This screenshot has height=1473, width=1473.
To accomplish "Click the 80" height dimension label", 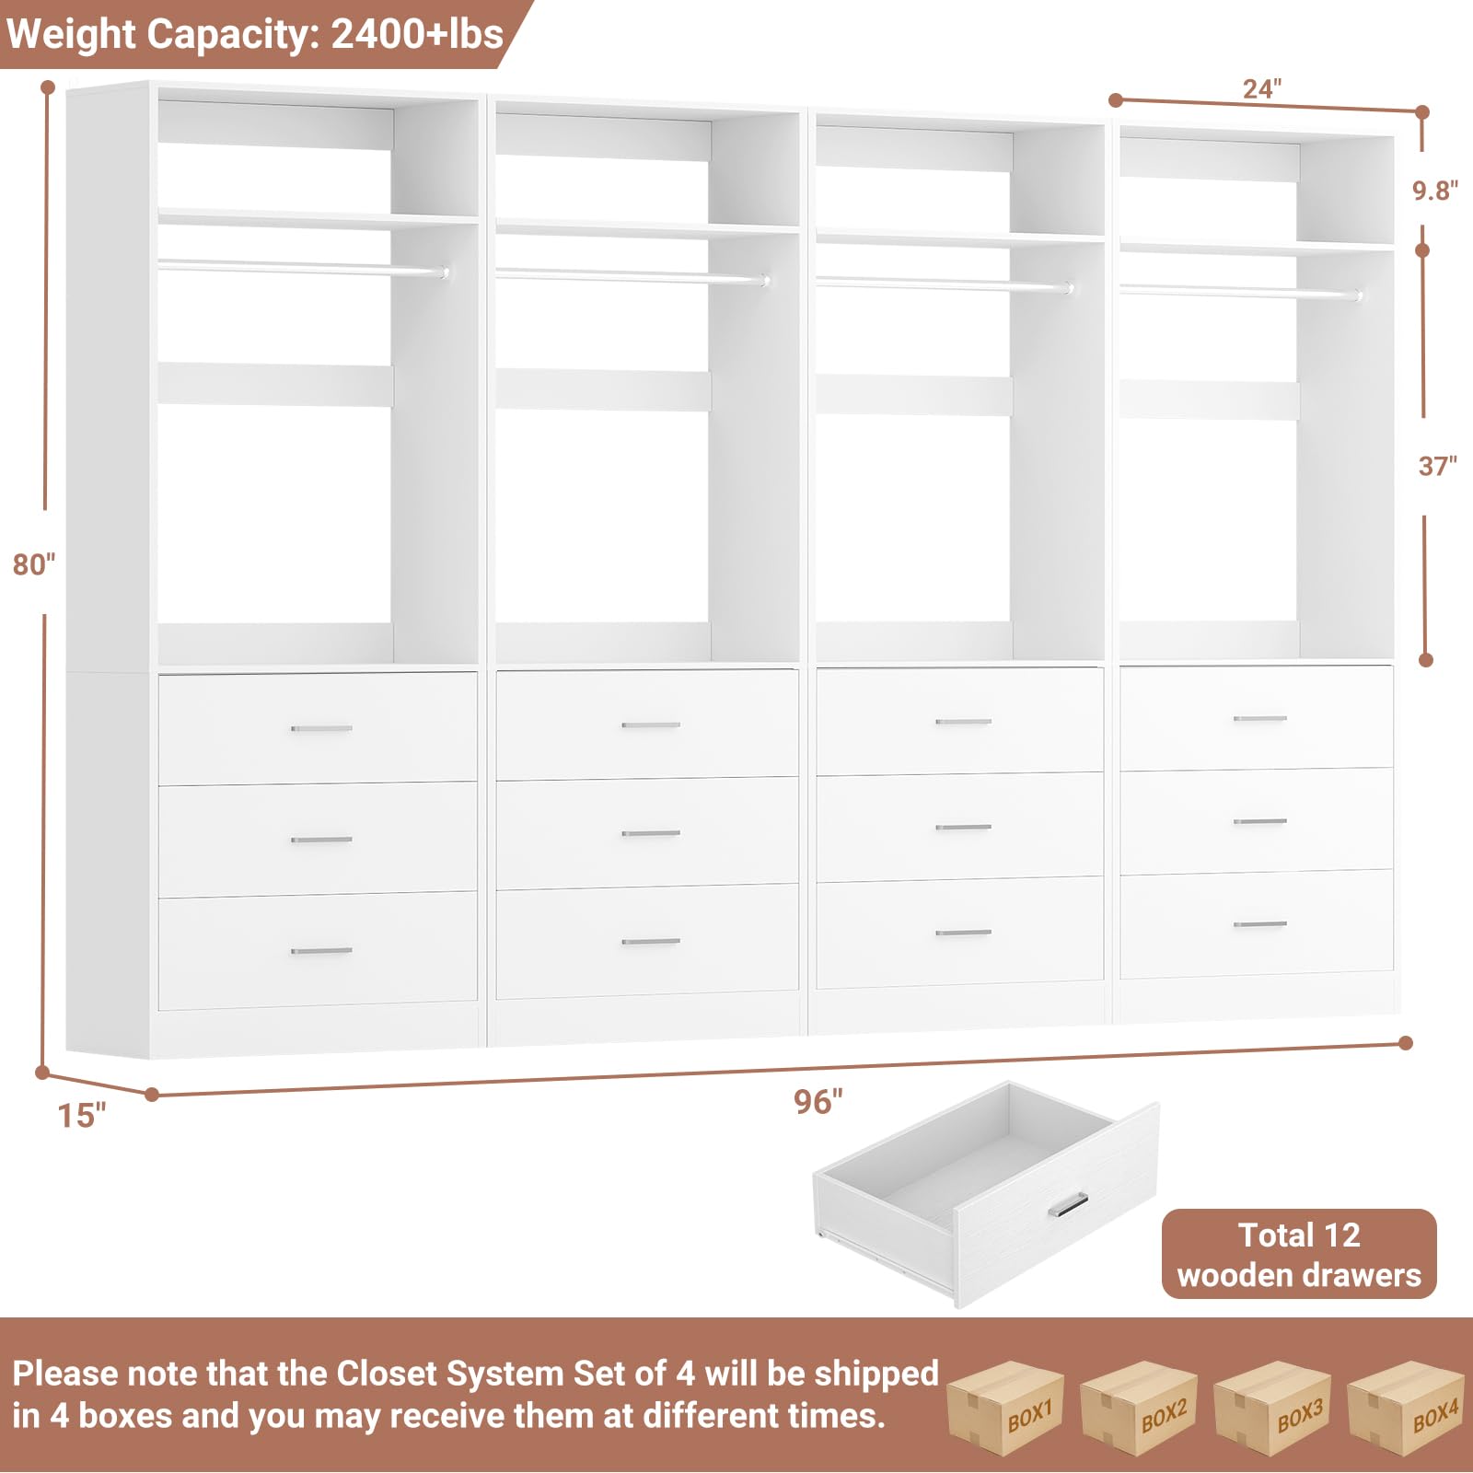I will [34, 564].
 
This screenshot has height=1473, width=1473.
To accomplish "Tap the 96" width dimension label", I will [818, 1101].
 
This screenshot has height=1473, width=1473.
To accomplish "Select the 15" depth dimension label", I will [82, 1116].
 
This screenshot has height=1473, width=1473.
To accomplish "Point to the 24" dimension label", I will [1261, 89].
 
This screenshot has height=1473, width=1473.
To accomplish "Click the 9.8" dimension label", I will [1435, 191].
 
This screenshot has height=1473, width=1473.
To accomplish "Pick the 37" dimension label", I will [1436, 466].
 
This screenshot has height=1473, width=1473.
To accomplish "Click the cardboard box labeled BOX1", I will [1005, 1408].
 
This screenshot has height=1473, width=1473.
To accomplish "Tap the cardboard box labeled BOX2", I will [1139, 1408].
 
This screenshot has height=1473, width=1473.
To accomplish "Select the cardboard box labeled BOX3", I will [1273, 1408].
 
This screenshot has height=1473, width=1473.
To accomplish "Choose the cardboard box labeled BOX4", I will [1406, 1408].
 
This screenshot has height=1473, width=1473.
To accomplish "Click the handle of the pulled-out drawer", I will [1068, 1204].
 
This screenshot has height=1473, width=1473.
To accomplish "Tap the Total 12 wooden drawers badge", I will [1298, 1254].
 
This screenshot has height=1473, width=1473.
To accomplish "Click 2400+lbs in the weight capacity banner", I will [416, 34].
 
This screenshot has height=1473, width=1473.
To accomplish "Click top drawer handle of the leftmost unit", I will [321, 728].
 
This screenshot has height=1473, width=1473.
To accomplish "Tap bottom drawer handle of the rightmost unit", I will [1259, 923].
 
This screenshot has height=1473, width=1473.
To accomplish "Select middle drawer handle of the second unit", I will [651, 833].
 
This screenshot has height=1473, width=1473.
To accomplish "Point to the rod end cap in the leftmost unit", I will [445, 273].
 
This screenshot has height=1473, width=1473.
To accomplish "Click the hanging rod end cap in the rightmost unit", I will [1358, 296].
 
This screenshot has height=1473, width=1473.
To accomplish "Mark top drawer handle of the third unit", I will [963, 722].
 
